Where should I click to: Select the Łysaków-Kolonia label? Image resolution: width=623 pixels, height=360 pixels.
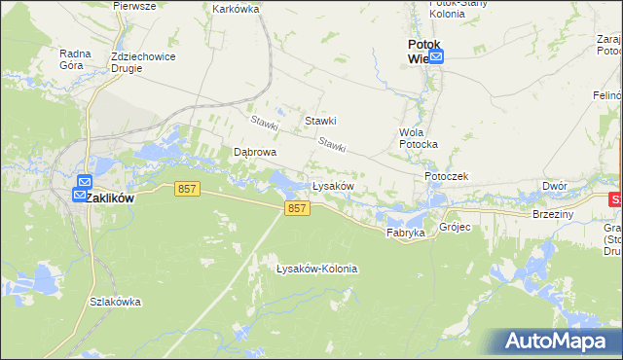point(316,269)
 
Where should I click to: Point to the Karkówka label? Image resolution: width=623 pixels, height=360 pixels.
point(235,8)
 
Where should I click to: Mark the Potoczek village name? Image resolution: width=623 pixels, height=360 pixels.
point(447,176)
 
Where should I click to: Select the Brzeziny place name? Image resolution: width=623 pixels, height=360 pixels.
point(553,214)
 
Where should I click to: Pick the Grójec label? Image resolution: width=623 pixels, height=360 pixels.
point(455,228)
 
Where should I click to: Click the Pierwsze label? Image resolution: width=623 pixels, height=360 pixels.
point(134,5)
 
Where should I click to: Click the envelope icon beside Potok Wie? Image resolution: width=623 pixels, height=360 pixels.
point(436,57)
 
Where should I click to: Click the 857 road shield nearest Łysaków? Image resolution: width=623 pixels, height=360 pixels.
point(298,208)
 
